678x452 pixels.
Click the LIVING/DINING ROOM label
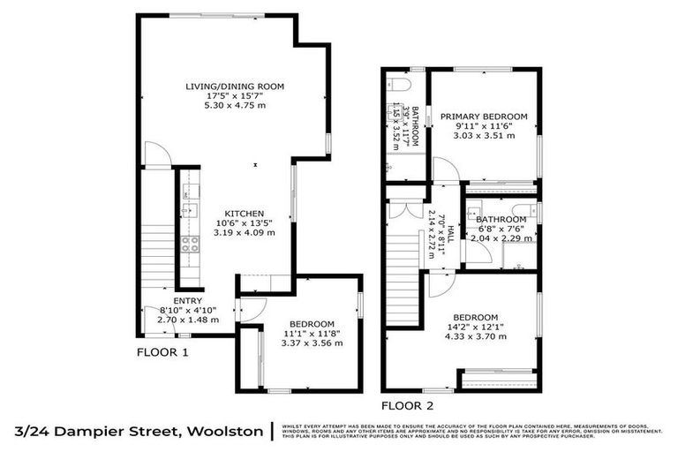(235, 86)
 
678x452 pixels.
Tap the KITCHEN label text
(244, 214)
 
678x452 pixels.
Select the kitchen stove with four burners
(189, 245)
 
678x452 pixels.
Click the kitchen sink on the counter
(188, 211)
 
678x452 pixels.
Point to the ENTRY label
(187, 300)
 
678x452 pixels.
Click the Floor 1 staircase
(158, 256)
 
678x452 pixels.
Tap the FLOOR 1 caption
(162, 351)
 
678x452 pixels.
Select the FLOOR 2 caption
(407, 406)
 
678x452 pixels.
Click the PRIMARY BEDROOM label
(484, 117)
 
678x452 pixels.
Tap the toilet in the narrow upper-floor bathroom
(396, 86)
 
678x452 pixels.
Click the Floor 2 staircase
(405, 265)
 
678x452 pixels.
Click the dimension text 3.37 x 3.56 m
(310, 343)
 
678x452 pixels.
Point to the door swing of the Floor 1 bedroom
(251, 309)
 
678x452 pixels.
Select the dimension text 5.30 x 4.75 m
(235, 105)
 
